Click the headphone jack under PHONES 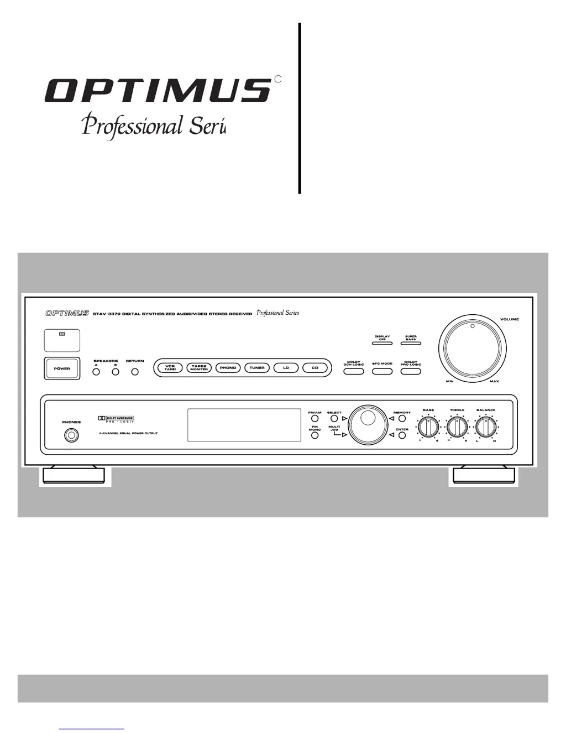pyautogui.click(x=71, y=435)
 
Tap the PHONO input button pyautogui.click(x=228, y=368)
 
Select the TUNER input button pyautogui.click(x=257, y=368)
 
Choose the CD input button pyautogui.click(x=315, y=368)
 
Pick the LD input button pyautogui.click(x=286, y=368)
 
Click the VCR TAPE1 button pyautogui.click(x=170, y=368)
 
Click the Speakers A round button pyautogui.click(x=96, y=372)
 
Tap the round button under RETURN pyautogui.click(x=135, y=372)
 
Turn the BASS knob pyautogui.click(x=428, y=427)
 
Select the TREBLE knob pyautogui.click(x=457, y=427)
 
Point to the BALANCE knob pyautogui.click(x=486, y=427)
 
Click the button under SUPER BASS pyautogui.click(x=411, y=344)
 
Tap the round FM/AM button pyautogui.click(x=315, y=419)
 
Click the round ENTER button pyautogui.click(x=402, y=435)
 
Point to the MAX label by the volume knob pyautogui.click(x=494, y=382)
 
